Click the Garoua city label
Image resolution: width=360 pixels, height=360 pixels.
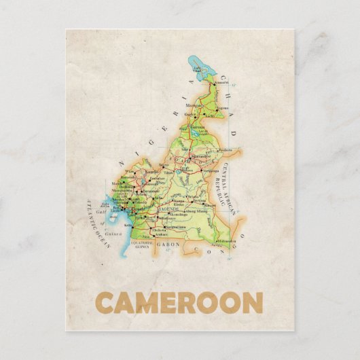point(197,127)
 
